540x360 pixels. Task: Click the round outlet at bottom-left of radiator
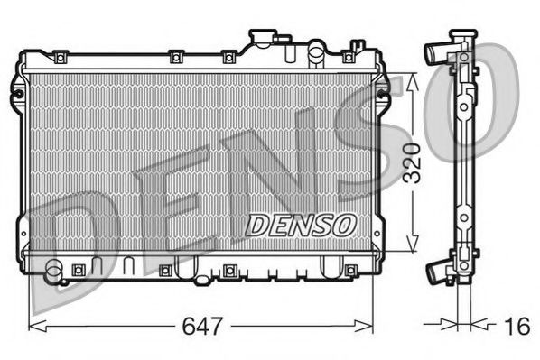point(55,268)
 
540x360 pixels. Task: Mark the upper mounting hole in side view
point(463,106)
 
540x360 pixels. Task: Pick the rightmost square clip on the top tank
point(349,56)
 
